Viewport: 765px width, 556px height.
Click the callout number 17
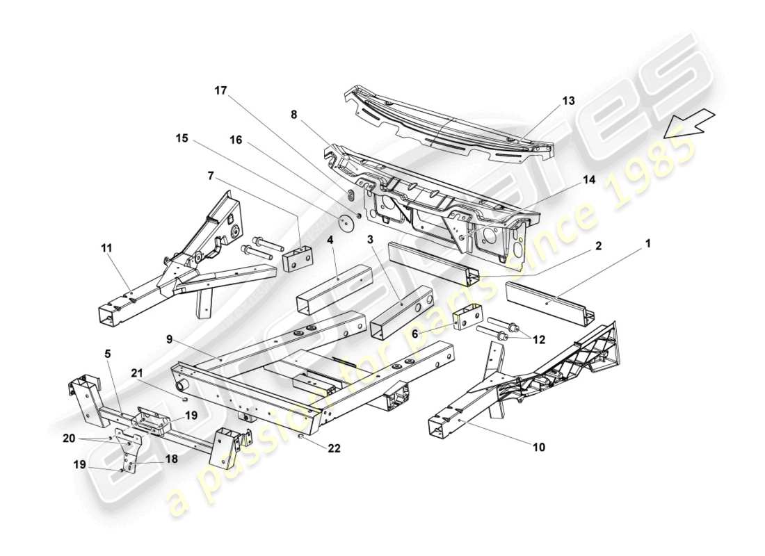220,90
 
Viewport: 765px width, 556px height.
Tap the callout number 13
569,101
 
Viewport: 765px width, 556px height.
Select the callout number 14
589,179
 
